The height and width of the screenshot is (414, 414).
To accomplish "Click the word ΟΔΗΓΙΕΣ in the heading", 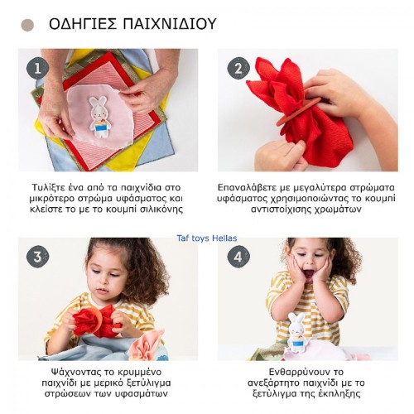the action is click(x=83, y=24).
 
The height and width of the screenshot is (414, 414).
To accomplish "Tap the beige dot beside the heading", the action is click(x=27, y=25).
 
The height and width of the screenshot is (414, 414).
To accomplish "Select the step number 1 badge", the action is click(x=37, y=69).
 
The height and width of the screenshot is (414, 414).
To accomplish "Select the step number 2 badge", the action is click(x=238, y=69).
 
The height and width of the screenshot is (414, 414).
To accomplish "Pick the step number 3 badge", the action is click(x=37, y=257).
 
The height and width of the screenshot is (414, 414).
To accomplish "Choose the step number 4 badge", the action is click(x=238, y=257).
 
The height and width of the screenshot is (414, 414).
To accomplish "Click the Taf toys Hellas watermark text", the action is click(x=207, y=238).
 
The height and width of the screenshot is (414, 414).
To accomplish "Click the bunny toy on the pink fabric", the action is click(x=98, y=116).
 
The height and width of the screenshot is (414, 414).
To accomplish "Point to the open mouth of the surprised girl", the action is click(x=309, y=274).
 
